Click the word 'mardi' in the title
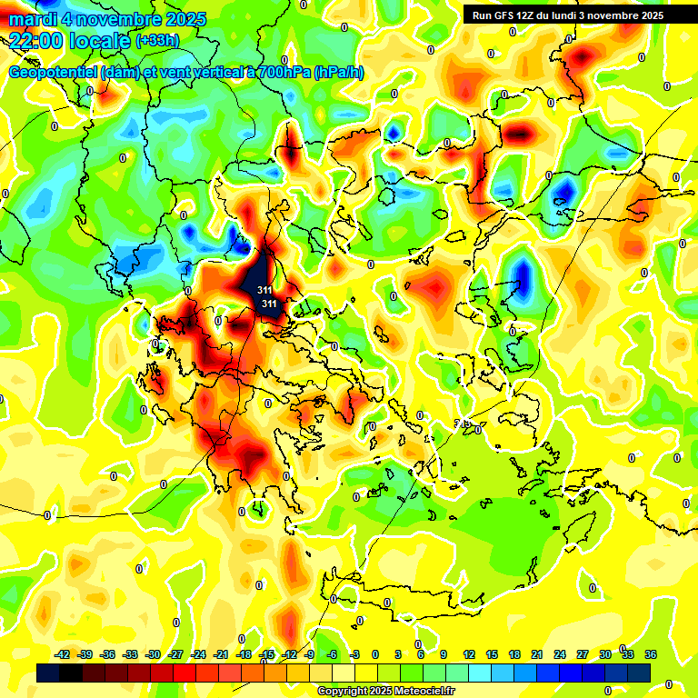(32, 18)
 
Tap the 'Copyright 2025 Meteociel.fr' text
(385, 692)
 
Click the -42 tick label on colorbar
(62, 654)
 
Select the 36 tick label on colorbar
(651, 654)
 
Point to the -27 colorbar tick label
(176, 654)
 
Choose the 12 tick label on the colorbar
(469, 654)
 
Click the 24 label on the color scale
(560, 654)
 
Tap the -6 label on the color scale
(333, 654)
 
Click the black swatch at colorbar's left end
(48, 673)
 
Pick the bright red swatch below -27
(184, 673)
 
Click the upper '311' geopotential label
(264, 290)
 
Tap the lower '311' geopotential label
(269, 303)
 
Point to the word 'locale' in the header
(97, 40)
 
